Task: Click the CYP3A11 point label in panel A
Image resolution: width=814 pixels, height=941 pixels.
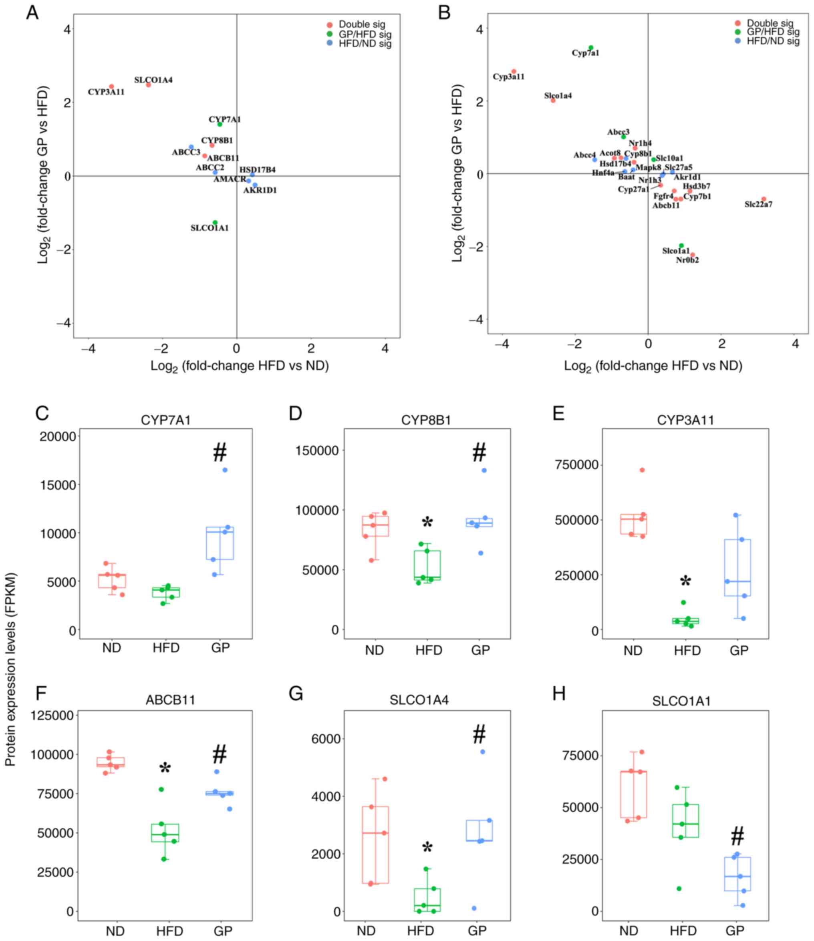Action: [x=106, y=92]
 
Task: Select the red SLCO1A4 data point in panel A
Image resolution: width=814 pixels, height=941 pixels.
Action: [x=148, y=85]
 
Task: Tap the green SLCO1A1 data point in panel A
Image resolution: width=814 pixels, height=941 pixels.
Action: [x=215, y=223]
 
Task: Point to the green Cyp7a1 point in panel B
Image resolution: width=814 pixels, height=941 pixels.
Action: [x=590, y=48]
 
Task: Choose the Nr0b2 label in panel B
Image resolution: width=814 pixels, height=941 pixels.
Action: [x=687, y=260]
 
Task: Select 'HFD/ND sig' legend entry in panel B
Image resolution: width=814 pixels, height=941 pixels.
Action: [x=773, y=41]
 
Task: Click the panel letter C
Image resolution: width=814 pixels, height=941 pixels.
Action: [x=42, y=413]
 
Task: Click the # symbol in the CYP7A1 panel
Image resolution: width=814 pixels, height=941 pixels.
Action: [x=220, y=453]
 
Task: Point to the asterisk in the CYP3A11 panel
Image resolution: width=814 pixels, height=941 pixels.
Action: [x=685, y=582]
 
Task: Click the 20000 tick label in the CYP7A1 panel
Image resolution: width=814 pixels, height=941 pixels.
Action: [x=58, y=436]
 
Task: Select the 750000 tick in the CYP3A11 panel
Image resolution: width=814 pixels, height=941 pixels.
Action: [x=574, y=465]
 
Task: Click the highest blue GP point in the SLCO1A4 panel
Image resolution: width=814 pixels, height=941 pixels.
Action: [x=482, y=752]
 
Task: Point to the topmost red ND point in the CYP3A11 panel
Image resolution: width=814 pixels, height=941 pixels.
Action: [x=642, y=470]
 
